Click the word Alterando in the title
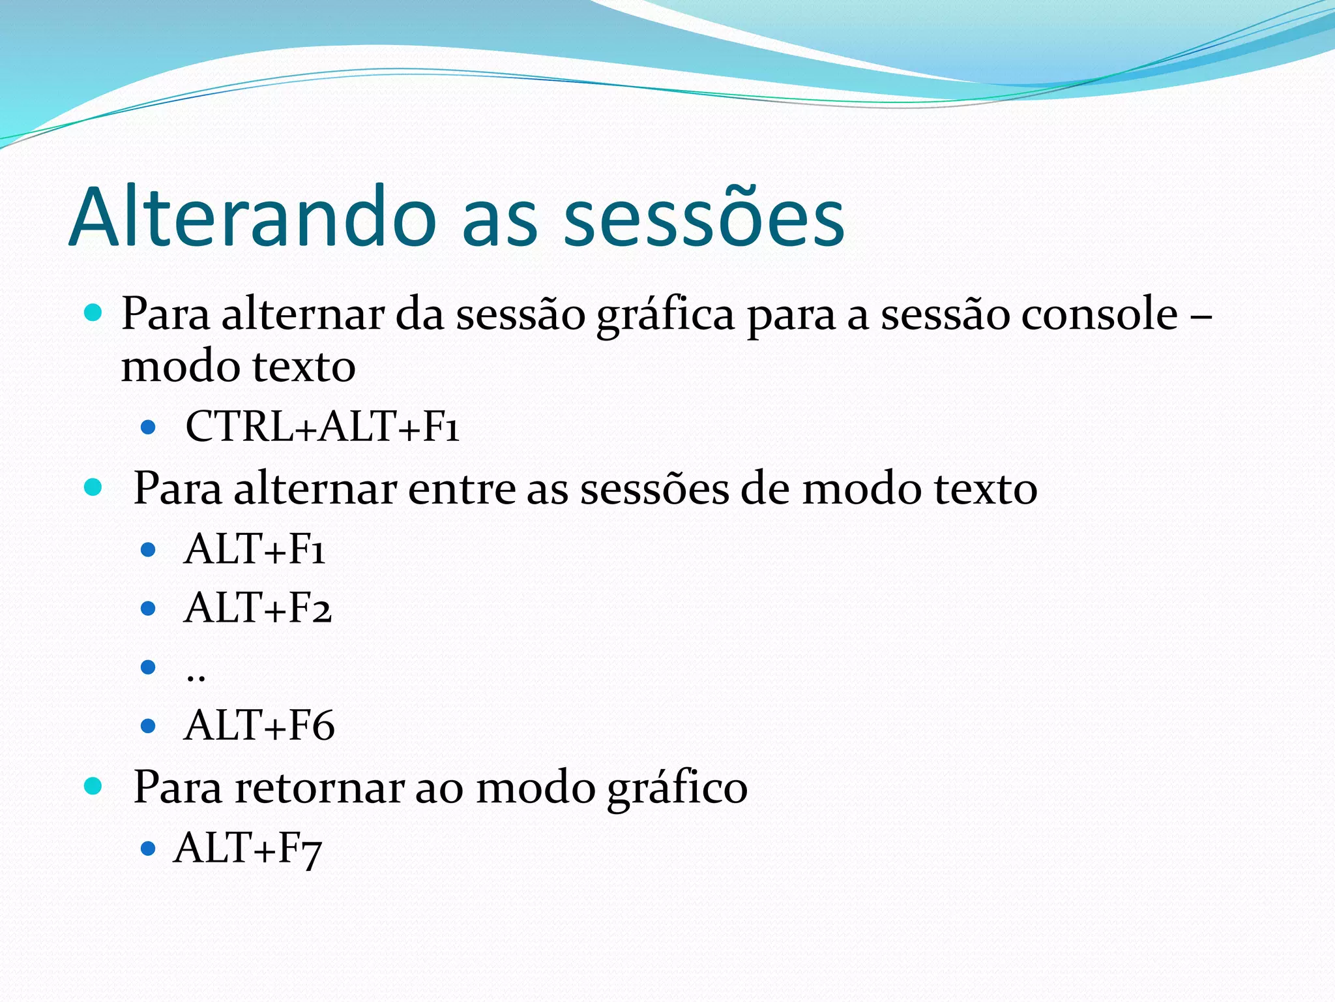[x=252, y=217]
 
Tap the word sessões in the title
[x=704, y=217]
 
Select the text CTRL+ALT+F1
[x=323, y=427]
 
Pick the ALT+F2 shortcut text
[x=257, y=608]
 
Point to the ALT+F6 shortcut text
[x=259, y=725]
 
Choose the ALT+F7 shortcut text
[x=248, y=848]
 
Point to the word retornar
[x=319, y=787]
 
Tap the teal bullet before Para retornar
[x=93, y=785]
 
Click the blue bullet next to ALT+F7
[x=149, y=848]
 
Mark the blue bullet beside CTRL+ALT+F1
[x=149, y=427]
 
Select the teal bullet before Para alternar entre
[x=93, y=487]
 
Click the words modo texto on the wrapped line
[x=238, y=367]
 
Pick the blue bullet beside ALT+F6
[x=149, y=725]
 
